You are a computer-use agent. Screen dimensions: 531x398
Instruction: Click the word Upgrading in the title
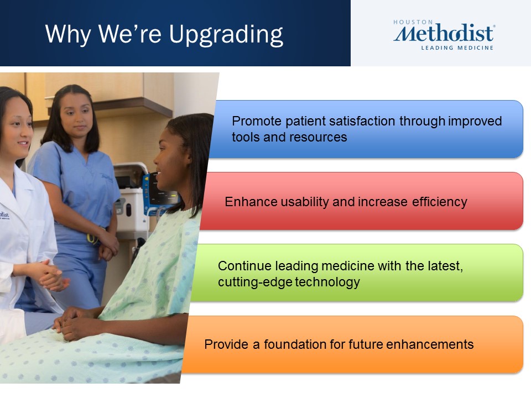226,35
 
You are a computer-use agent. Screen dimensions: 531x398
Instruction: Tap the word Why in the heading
68,34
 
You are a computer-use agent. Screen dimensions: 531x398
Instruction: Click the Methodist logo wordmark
444,33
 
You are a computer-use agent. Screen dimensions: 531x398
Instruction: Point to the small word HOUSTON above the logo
413,22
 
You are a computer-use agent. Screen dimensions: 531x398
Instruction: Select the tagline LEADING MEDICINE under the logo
457,48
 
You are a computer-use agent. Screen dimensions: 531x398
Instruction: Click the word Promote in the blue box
256,121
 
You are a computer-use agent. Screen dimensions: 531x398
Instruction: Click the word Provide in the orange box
226,344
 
